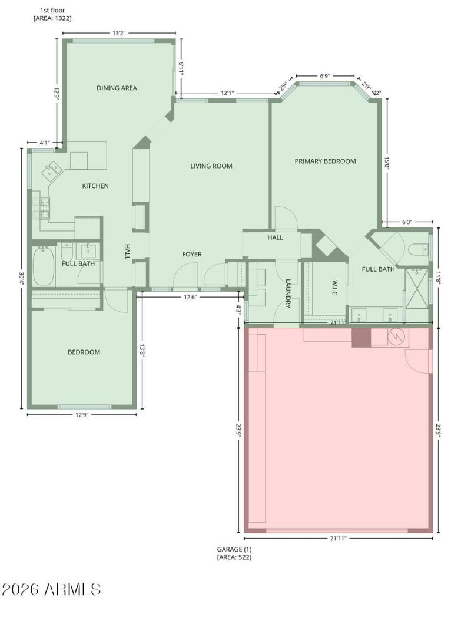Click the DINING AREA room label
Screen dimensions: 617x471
tap(117, 88)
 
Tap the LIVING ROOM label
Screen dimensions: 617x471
tap(211, 166)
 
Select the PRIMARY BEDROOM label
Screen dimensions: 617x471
tap(325, 161)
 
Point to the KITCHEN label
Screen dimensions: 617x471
tap(95, 186)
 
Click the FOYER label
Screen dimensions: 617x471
tap(192, 254)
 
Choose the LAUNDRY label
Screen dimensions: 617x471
tap(288, 293)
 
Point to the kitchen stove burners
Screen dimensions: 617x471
tap(41, 207)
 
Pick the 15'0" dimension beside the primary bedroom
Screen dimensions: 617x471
tap(387, 163)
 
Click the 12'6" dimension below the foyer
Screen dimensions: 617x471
tap(190, 297)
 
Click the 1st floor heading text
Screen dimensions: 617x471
tap(52, 11)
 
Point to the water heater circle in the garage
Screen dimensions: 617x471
tap(396, 336)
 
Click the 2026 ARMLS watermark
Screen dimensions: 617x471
tap(52, 589)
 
